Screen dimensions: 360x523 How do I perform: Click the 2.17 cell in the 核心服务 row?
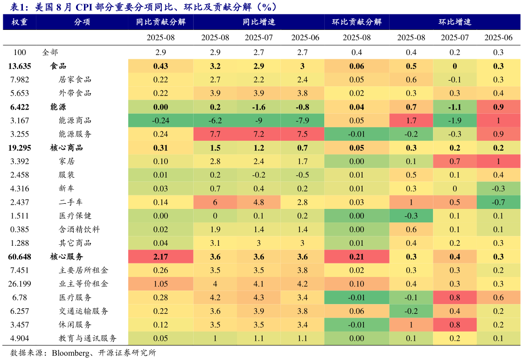click(x=160, y=257)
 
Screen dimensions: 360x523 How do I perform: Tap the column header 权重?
click(x=20, y=22)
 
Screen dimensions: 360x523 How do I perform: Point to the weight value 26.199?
click(x=20, y=284)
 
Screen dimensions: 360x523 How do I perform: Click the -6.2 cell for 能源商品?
click(x=215, y=121)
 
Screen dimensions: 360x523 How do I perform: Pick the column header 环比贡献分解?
click(x=356, y=22)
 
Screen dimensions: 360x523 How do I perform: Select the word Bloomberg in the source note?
click(x=72, y=353)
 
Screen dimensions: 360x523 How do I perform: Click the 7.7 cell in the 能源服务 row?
click(x=215, y=134)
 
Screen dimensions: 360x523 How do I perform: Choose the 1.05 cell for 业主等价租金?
click(x=160, y=284)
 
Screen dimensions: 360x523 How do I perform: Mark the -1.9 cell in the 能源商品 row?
click(x=455, y=121)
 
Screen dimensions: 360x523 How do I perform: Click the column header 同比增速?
click(x=259, y=22)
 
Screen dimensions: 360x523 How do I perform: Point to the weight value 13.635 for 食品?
click(x=20, y=66)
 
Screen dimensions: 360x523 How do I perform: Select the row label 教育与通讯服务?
click(x=87, y=339)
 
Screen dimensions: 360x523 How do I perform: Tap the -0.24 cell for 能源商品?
click(x=160, y=121)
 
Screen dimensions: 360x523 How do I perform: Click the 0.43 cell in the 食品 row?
click(x=160, y=66)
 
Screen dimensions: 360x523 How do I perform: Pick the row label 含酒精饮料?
click(x=79, y=229)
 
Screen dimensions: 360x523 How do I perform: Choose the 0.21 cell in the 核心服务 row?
click(x=356, y=257)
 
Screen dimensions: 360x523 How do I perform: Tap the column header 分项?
click(x=82, y=22)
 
